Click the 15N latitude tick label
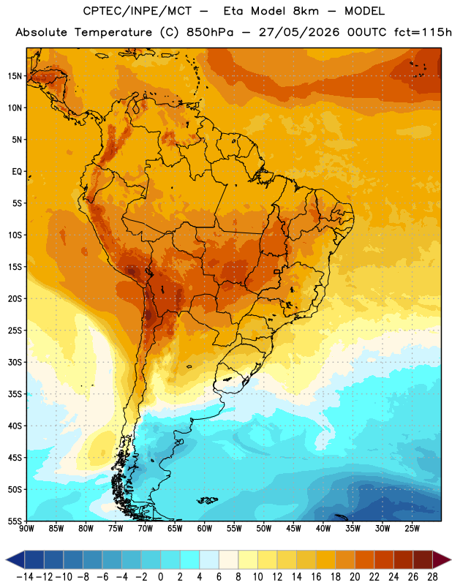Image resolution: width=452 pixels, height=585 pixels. click(15, 76)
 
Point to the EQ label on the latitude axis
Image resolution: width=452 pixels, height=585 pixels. click(17, 172)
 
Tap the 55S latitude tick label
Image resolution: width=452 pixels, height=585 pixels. click(15, 521)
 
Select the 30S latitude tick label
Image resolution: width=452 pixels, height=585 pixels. click(15, 362)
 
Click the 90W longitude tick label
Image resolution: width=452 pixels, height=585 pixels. click(26, 529)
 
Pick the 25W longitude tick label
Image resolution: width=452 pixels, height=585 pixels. click(412, 529)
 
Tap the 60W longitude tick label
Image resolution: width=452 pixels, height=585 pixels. click(205, 529)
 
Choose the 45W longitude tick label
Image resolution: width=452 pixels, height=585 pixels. click(293, 529)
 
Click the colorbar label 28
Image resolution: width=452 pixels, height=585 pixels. click(432, 577)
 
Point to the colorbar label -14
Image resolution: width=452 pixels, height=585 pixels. click(25, 577)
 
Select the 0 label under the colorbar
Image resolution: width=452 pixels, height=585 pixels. click(160, 577)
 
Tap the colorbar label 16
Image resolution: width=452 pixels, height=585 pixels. click(316, 577)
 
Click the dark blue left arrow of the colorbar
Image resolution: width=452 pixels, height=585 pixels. click(15, 559)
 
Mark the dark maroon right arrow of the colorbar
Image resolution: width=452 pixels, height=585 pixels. click(442, 559)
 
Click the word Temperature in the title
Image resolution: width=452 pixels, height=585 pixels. click(113, 32)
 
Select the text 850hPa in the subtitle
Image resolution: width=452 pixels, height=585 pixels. click(210, 32)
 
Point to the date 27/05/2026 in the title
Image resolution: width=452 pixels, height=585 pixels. click(299, 32)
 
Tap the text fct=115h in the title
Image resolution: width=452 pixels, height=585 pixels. click(423, 32)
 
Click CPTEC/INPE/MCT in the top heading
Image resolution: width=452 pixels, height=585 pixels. click(137, 11)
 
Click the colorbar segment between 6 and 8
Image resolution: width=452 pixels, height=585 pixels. click(228, 559)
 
